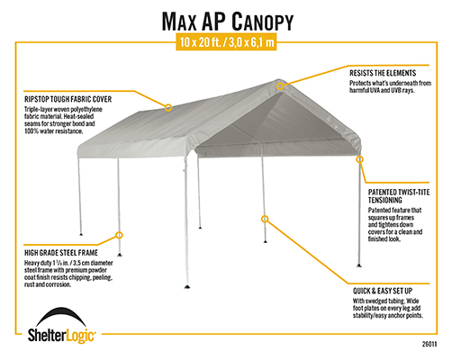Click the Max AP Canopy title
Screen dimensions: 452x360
228,22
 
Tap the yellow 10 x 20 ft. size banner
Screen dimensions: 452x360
226,42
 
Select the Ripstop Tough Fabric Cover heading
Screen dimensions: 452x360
68,99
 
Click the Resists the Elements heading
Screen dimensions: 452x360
383,73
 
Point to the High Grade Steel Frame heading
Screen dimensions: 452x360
61,253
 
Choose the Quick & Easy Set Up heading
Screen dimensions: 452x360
383,291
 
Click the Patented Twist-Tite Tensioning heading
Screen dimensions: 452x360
399,196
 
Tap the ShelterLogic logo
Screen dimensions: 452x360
61,326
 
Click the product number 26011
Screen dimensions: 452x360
429,344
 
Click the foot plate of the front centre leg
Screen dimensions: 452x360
187,286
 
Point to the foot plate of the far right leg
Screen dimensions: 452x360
359,265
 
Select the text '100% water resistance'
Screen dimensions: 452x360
53,131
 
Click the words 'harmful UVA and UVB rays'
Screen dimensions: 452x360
382,90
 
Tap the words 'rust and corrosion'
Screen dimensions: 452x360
48,284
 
